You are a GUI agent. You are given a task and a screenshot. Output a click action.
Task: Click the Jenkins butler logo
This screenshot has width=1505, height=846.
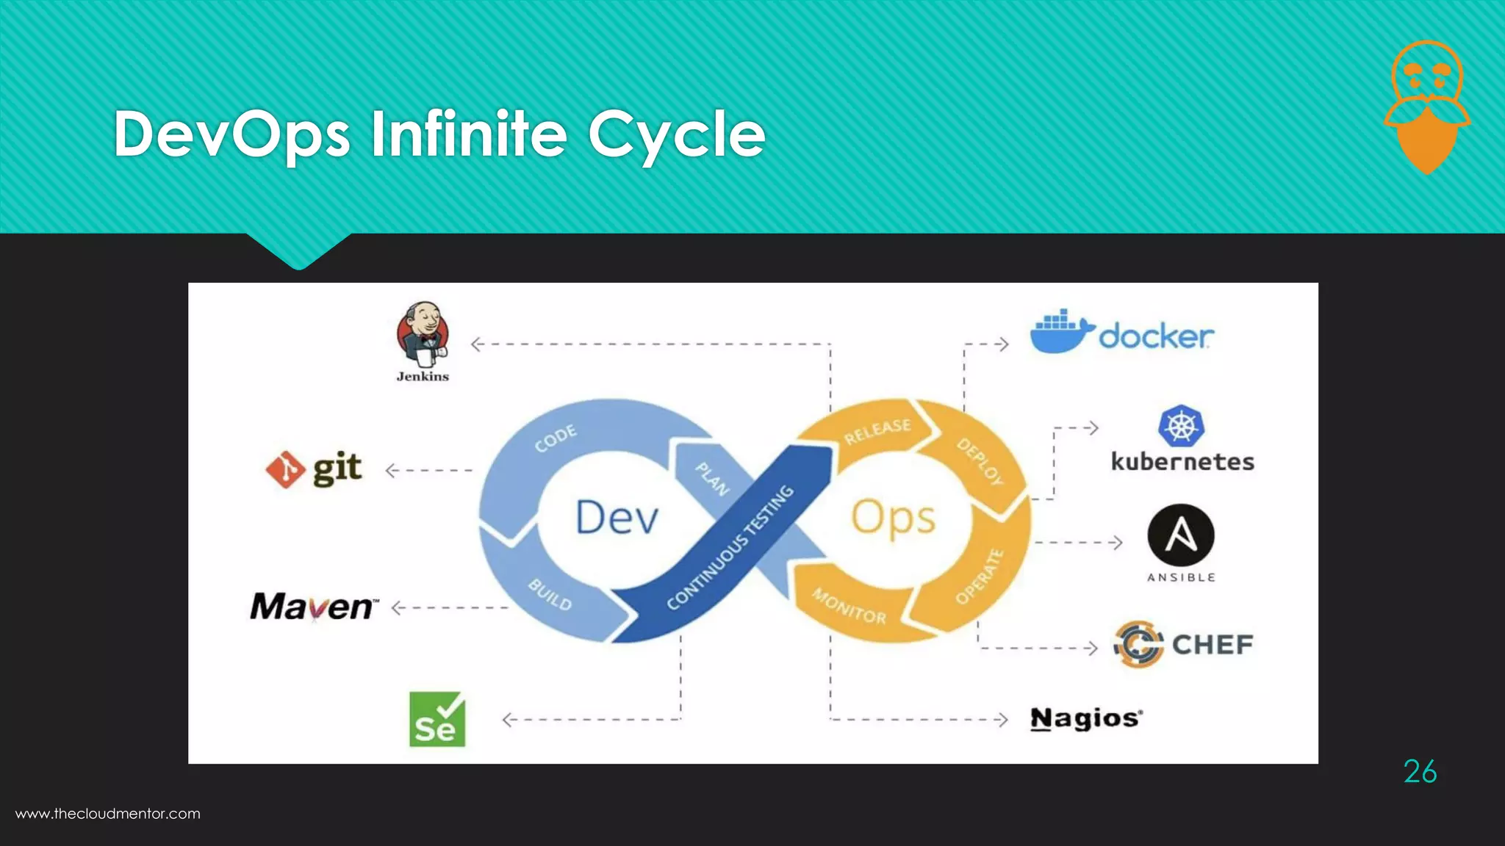click(422, 334)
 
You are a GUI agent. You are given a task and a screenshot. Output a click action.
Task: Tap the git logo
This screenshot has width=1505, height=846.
click(315, 469)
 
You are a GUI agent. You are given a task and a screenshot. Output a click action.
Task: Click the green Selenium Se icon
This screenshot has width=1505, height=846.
click(437, 719)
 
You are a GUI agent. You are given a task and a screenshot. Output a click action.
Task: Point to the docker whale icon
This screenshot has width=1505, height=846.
click(1060, 333)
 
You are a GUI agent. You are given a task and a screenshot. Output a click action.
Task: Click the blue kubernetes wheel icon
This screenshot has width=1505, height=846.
click(1181, 426)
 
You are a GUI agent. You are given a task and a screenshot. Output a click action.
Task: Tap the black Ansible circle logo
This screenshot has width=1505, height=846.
click(1181, 536)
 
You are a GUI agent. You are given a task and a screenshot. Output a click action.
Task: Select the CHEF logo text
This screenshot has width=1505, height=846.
click(1212, 645)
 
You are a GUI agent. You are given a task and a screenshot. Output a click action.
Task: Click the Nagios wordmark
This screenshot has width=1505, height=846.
click(1085, 718)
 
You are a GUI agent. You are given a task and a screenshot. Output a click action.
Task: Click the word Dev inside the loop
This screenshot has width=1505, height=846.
click(617, 518)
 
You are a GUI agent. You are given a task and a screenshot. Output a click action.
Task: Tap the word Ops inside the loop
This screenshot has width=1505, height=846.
click(893, 518)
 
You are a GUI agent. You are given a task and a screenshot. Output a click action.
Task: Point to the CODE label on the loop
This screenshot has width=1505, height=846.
click(556, 438)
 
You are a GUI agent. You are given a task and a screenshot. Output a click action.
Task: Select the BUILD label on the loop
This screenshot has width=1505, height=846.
click(550, 594)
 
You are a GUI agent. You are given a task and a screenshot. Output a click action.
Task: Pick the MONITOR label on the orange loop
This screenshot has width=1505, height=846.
click(849, 606)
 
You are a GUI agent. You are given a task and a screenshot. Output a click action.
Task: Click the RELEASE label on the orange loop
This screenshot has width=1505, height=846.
click(877, 432)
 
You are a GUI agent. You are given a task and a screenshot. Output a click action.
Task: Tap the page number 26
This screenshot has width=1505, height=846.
click(1419, 772)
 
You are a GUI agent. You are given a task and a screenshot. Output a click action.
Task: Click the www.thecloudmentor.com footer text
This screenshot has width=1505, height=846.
click(108, 814)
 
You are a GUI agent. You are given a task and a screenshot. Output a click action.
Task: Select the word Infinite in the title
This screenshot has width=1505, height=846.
click(468, 134)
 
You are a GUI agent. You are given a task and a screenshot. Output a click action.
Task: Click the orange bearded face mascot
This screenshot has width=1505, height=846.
click(1426, 106)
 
